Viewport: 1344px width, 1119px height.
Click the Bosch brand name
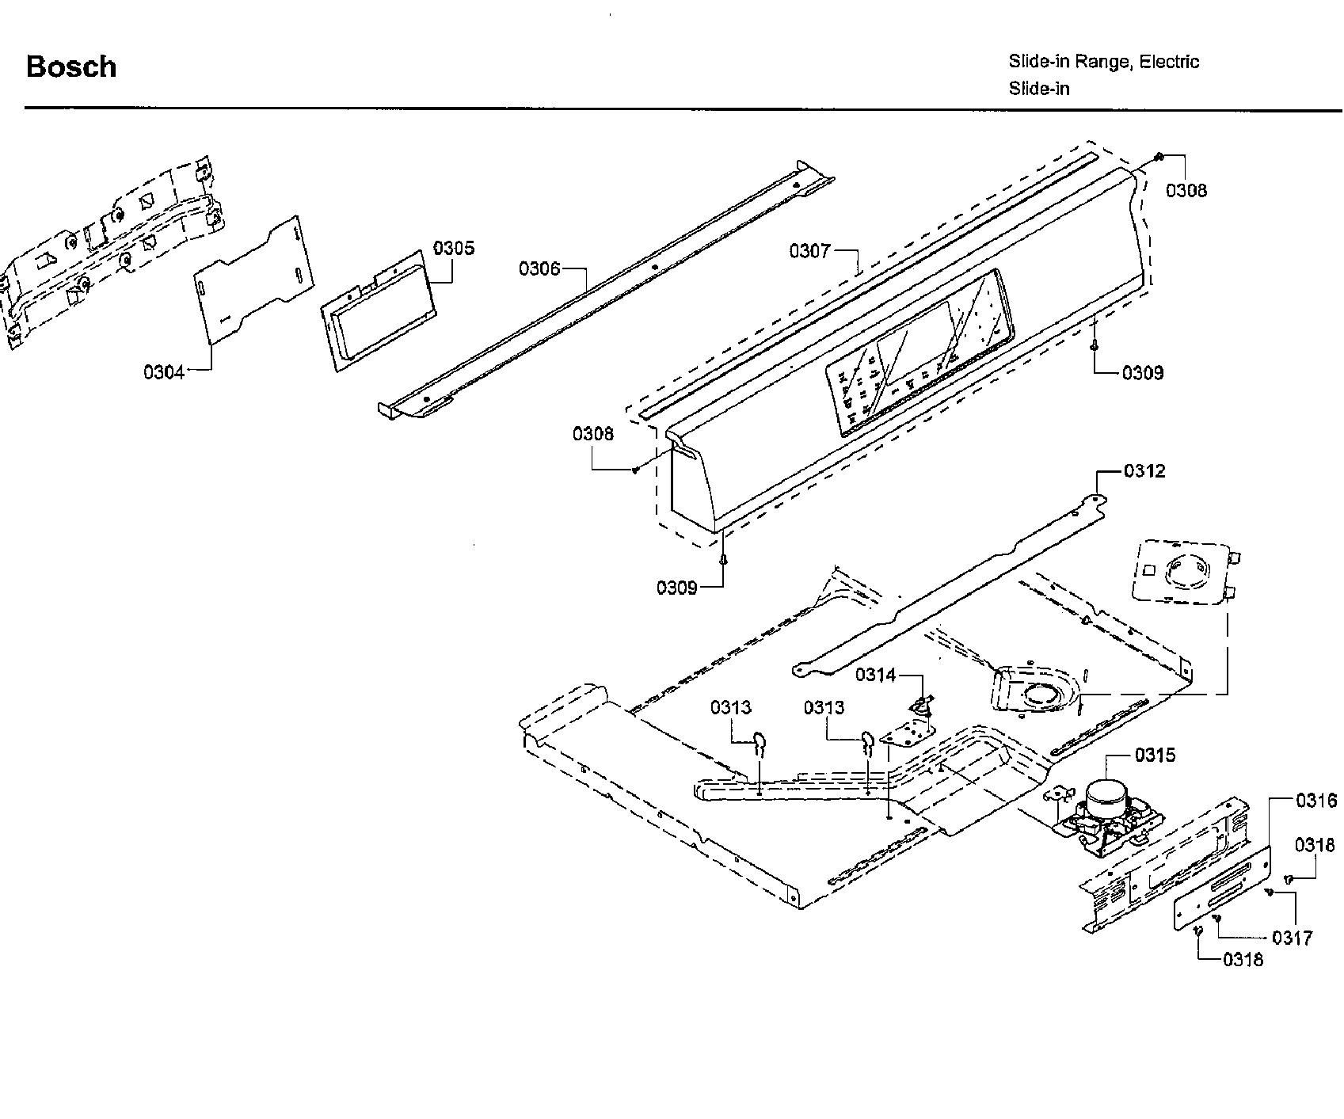pos(71,67)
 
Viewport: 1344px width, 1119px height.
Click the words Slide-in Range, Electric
pos(1103,62)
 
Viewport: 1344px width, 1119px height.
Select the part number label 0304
pos(164,372)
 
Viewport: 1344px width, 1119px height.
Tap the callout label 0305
pos(454,248)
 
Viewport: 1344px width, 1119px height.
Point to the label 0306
pos(539,269)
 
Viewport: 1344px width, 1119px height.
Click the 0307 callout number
pos(809,251)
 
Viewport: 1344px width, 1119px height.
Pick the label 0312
pos(1144,471)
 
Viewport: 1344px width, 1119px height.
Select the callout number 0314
pos(875,675)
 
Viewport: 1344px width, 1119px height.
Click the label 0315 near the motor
pos(1156,755)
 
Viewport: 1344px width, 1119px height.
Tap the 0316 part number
pos(1315,801)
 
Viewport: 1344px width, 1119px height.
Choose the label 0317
pos(1293,938)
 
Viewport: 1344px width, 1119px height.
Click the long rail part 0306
pos(602,293)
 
